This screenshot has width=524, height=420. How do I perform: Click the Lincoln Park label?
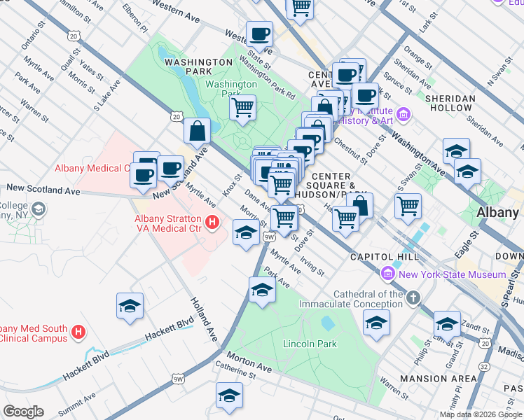click(x=310, y=344)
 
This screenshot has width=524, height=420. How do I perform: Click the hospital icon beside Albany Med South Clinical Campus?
click(x=79, y=332)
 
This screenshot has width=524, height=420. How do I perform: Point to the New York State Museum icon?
click(x=386, y=274)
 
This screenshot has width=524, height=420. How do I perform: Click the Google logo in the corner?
click(x=23, y=412)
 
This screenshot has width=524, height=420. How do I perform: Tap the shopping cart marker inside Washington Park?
click(x=242, y=108)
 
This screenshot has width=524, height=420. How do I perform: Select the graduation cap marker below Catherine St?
click(x=229, y=396)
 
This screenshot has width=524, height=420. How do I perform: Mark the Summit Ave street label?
click(x=79, y=400)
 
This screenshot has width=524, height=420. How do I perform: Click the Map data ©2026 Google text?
click(x=480, y=414)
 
